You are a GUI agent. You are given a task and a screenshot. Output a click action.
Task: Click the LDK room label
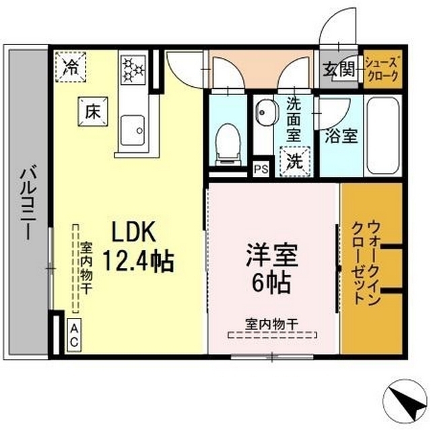click(x=133, y=232)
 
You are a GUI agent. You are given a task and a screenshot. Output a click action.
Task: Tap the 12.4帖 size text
click(x=138, y=261)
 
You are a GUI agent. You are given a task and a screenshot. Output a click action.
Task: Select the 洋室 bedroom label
click(x=272, y=255)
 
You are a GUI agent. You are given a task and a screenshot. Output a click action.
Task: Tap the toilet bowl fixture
click(x=228, y=144)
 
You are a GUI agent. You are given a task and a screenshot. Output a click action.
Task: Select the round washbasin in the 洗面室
click(x=265, y=112)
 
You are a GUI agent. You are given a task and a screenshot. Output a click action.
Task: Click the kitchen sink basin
click(x=133, y=131)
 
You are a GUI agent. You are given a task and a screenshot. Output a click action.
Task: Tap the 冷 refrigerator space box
click(x=71, y=67)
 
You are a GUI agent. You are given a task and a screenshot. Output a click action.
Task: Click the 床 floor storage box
click(x=93, y=112)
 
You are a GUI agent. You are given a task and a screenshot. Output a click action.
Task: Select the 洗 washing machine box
click(x=295, y=162)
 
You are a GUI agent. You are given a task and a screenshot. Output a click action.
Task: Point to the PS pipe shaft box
click(x=261, y=169)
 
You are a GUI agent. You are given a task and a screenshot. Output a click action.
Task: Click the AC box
click(x=74, y=335)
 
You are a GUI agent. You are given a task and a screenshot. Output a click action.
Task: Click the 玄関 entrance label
click(x=339, y=69)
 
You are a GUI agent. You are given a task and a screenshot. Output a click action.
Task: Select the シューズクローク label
click(x=383, y=69)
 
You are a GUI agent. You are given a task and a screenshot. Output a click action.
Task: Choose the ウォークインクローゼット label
click(x=366, y=263)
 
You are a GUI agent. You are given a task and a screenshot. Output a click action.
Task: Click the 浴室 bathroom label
click(x=341, y=136)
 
